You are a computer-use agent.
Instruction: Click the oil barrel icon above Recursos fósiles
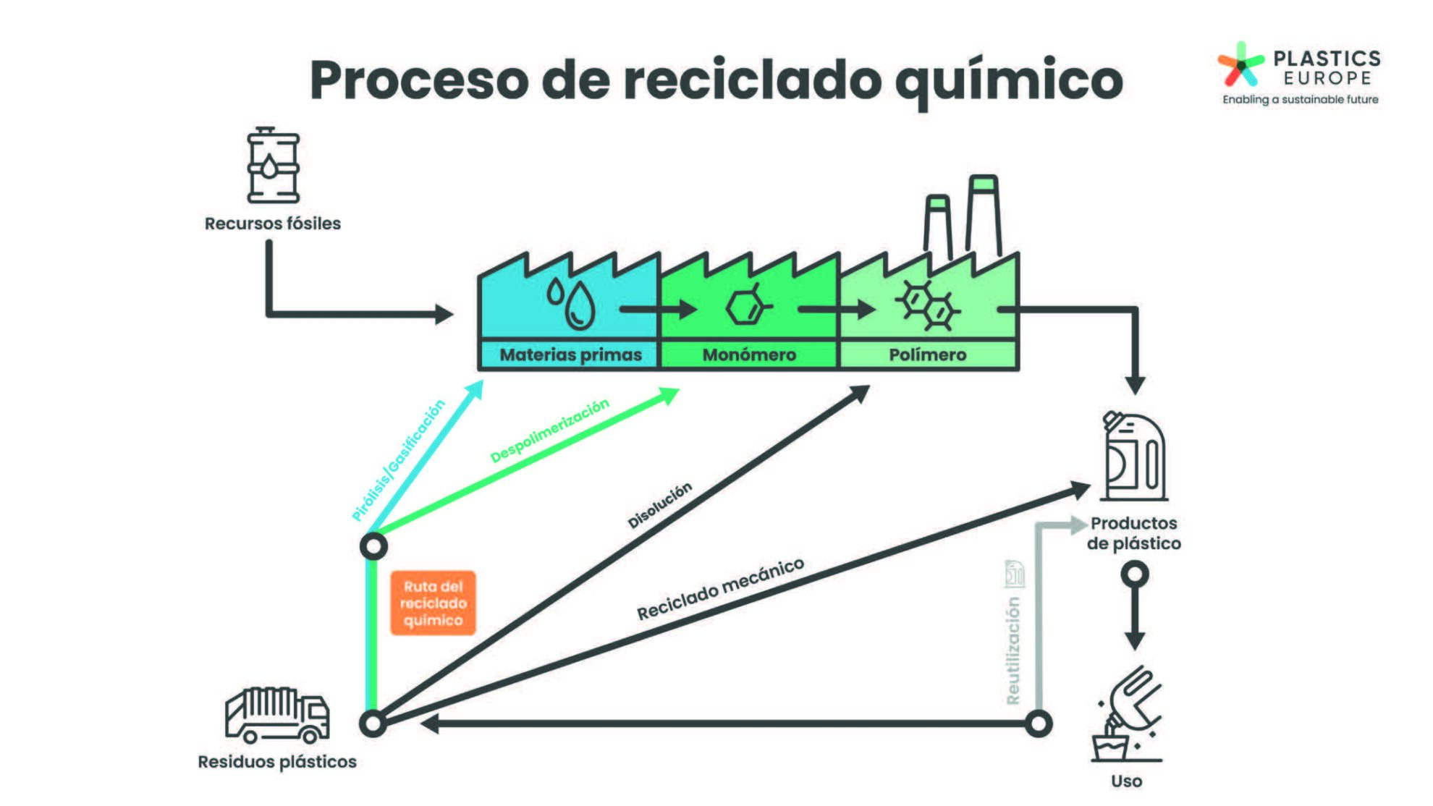(x=273, y=166)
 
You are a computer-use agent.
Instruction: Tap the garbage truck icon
(x=277, y=715)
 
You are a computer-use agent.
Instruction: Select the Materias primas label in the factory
(x=570, y=355)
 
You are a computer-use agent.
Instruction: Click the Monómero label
(x=749, y=355)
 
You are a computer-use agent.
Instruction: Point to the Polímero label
(x=928, y=355)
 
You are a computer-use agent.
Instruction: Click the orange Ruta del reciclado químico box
(x=433, y=603)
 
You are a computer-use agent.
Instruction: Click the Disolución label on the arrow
(x=659, y=504)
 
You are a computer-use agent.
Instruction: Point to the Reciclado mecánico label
(x=720, y=588)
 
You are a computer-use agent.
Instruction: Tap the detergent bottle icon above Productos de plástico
(x=1133, y=456)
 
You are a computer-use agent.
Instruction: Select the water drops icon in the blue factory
(x=572, y=302)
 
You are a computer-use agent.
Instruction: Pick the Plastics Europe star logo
(x=1240, y=65)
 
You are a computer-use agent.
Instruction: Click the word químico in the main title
(x=1009, y=81)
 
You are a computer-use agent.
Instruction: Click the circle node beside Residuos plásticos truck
(x=373, y=723)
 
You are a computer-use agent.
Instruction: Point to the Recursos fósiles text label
(x=273, y=224)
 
